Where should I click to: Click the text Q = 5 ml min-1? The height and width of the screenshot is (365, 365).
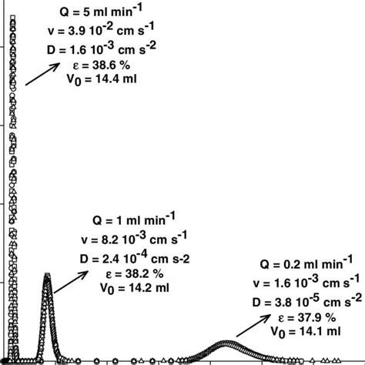pyautogui.click(x=100, y=12)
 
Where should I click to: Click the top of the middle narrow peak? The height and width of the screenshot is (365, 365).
pyautogui.click(x=48, y=276)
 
